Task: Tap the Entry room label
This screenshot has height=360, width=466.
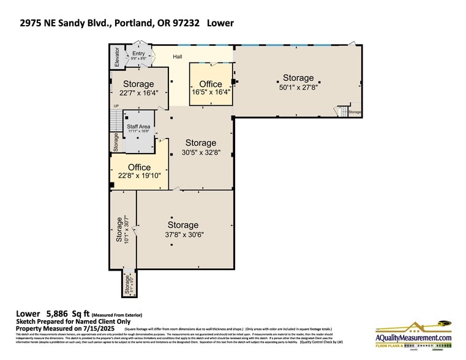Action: pyautogui.click(x=139, y=54)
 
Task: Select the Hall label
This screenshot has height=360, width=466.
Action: pyautogui.click(x=178, y=57)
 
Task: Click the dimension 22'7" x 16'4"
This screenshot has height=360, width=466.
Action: pyautogui.click(x=138, y=93)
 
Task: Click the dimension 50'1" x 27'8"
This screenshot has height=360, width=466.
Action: pyautogui.click(x=298, y=87)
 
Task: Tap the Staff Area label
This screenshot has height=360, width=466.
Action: pyautogui.click(x=138, y=127)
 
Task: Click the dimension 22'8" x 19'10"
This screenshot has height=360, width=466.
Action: pyautogui.click(x=139, y=176)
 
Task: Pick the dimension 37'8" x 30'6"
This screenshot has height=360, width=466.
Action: pyautogui.click(x=182, y=234)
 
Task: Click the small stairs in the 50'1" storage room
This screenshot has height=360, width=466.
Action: pyautogui.click(x=340, y=112)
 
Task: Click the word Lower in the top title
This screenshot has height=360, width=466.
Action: pyautogui.click(x=220, y=24)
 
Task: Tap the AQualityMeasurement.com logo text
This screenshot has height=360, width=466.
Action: pyautogui.click(x=413, y=337)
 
